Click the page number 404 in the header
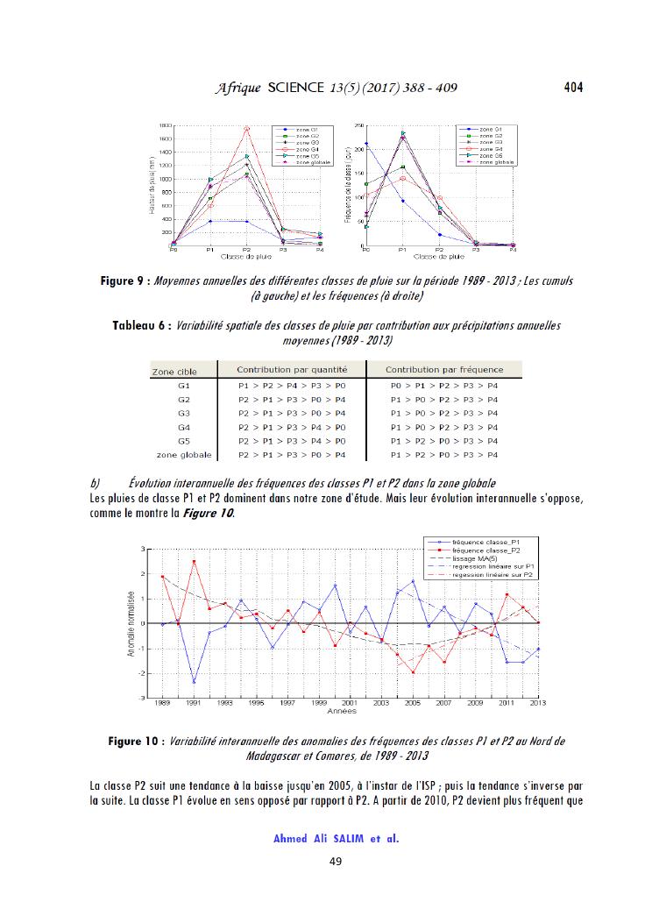point(573,87)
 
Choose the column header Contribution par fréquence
point(443,370)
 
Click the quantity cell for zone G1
point(292,385)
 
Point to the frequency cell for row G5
point(443,441)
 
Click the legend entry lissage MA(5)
point(478,557)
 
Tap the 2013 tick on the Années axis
point(537,703)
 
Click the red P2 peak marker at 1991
point(194,562)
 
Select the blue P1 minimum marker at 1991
point(194,682)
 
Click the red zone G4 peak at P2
point(247,129)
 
